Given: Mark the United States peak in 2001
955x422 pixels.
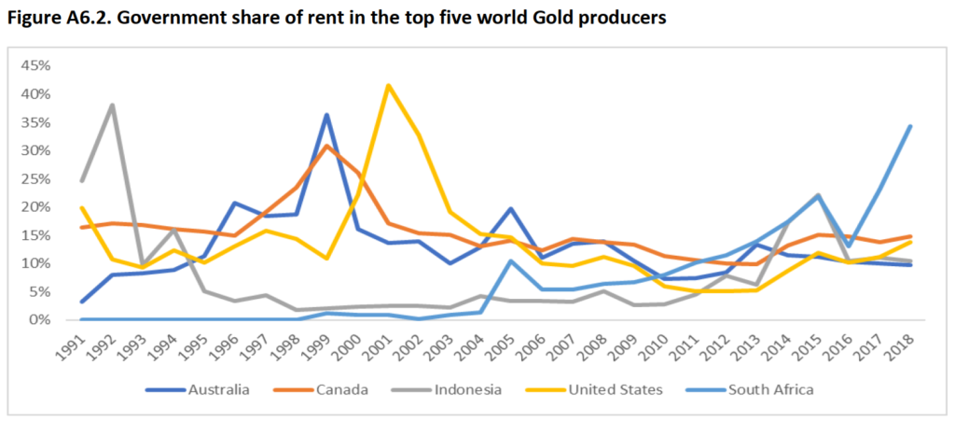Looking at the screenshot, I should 388,86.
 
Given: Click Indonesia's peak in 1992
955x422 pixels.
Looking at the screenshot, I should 113,105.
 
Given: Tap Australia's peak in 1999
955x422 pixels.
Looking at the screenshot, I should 325,115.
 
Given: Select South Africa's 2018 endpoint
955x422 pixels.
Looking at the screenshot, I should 910,126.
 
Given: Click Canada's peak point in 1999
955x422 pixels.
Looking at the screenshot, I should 325,146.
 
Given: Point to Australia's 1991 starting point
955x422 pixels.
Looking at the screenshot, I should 82,302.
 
